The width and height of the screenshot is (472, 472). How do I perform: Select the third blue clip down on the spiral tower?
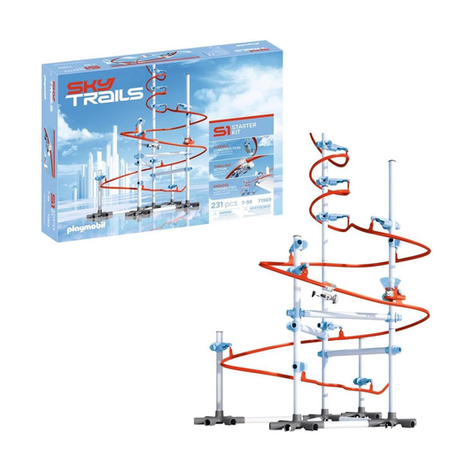coord(332,219)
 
